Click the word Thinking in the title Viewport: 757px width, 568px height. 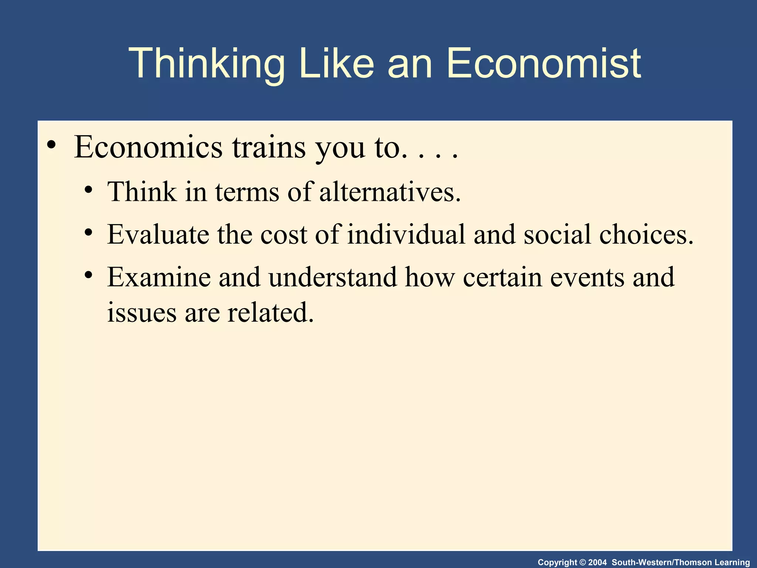click(207, 64)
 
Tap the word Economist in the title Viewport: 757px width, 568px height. click(544, 64)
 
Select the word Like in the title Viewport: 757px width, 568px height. click(336, 64)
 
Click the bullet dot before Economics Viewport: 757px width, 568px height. click(52, 145)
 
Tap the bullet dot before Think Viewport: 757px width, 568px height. click(88, 191)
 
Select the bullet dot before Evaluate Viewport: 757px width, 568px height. click(88, 233)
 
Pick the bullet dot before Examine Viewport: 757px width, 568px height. click(88, 275)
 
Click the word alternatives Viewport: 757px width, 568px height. click(390, 192)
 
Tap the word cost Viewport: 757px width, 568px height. click(284, 235)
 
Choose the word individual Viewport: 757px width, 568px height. click(406, 235)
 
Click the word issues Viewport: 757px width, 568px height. click(142, 312)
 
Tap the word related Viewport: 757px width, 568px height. click(270, 312)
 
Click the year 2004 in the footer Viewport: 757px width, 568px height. click(597, 562)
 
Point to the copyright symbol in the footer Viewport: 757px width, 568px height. click(583, 562)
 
